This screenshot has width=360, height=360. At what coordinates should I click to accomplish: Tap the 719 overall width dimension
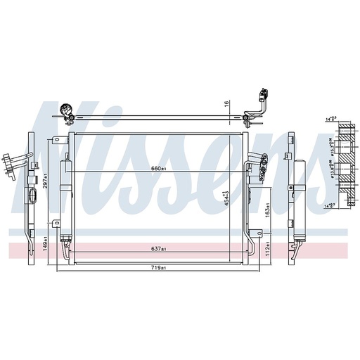pos(159,268)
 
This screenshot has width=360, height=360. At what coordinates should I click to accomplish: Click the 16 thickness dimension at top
pos(227,104)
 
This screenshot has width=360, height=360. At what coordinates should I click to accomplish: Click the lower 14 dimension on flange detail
pos(330,205)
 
